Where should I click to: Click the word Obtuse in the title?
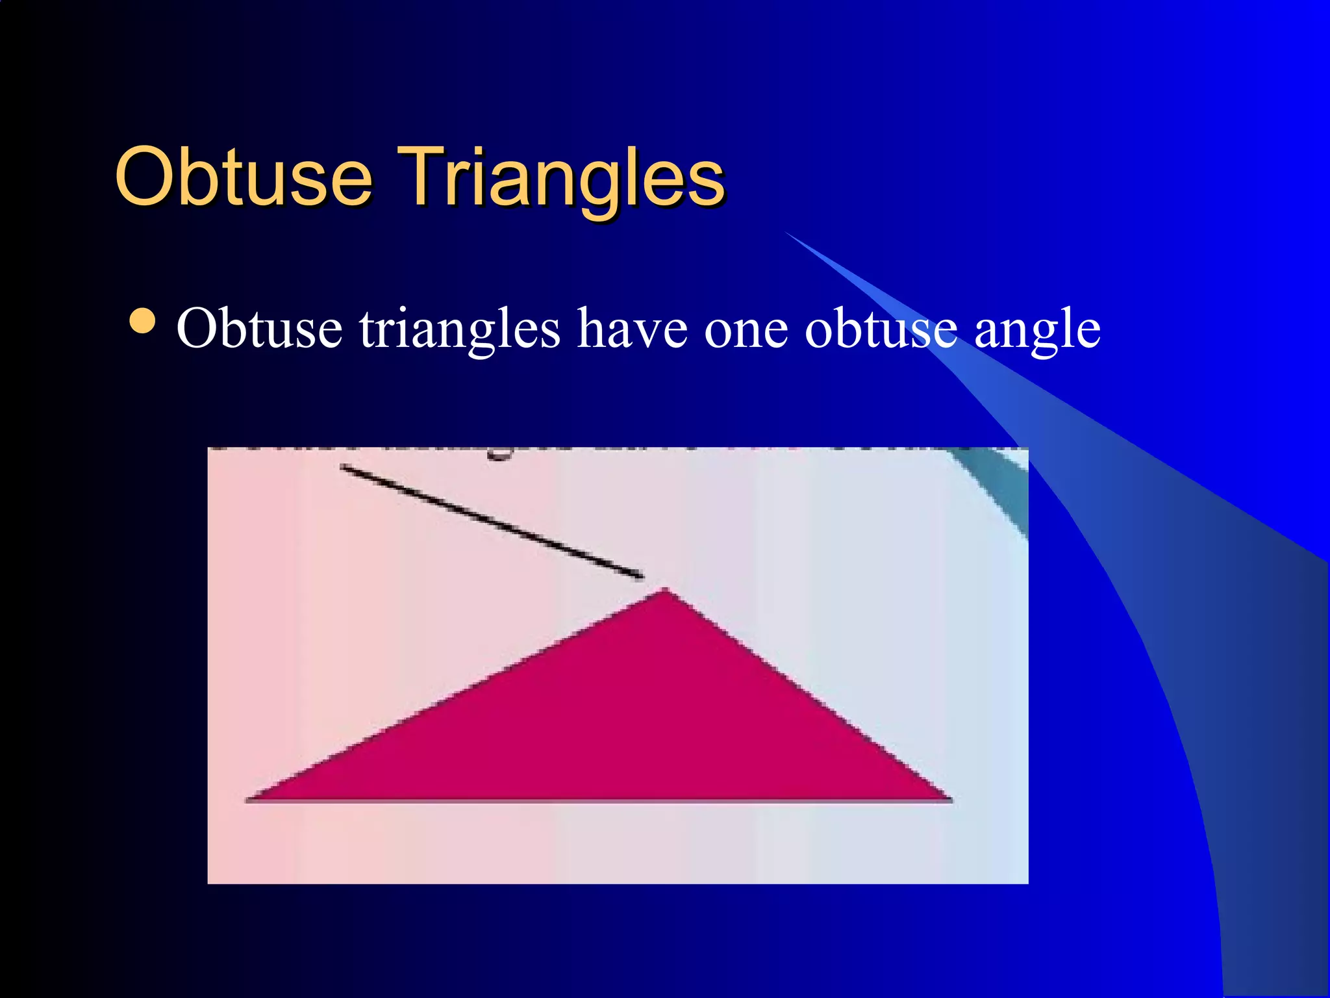(x=243, y=176)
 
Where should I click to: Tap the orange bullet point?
(x=142, y=320)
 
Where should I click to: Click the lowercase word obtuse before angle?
(x=881, y=329)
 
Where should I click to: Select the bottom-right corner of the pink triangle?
(x=949, y=799)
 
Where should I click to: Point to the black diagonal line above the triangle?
(x=491, y=520)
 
